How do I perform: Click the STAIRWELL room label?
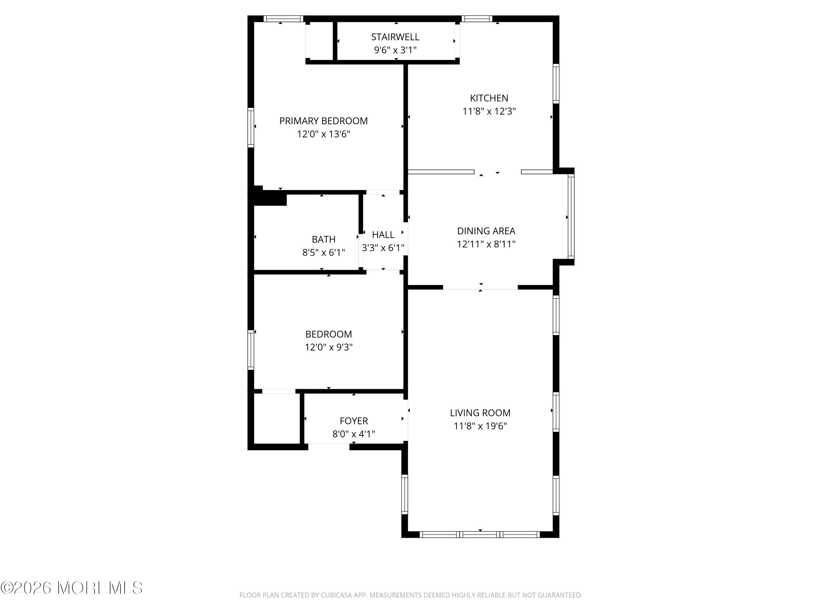(x=395, y=37)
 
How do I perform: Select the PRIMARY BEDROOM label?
(x=323, y=121)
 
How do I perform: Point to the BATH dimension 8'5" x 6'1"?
(x=323, y=252)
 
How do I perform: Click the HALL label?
(x=383, y=235)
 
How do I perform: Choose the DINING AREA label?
(x=486, y=231)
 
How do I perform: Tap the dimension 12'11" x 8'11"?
(x=486, y=244)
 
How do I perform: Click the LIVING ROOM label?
(x=480, y=413)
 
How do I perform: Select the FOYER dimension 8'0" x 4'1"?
(x=353, y=434)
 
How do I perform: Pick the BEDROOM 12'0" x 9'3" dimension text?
(x=329, y=347)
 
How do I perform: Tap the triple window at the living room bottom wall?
(x=480, y=534)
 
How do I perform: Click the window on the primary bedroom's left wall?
(x=251, y=127)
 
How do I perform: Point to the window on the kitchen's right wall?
(x=556, y=84)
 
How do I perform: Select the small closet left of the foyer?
(x=277, y=418)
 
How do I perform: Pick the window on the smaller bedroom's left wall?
(x=251, y=350)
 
